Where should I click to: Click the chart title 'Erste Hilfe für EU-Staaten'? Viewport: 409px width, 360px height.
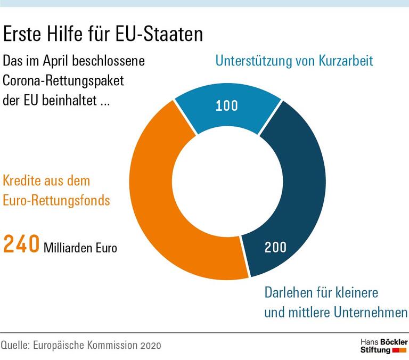point(103,35)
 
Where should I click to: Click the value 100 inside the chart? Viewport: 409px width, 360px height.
point(227,105)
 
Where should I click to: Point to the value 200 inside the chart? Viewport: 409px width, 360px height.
point(275,247)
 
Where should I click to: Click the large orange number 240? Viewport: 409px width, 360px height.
point(21,246)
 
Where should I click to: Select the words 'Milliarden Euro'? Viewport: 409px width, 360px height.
point(80,248)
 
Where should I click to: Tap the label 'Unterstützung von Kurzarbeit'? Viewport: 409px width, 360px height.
point(294,60)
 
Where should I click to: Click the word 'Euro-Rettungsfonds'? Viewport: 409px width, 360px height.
point(57,201)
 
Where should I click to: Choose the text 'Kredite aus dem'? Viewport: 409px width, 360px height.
point(47,181)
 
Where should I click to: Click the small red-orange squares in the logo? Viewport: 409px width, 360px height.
point(399,350)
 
